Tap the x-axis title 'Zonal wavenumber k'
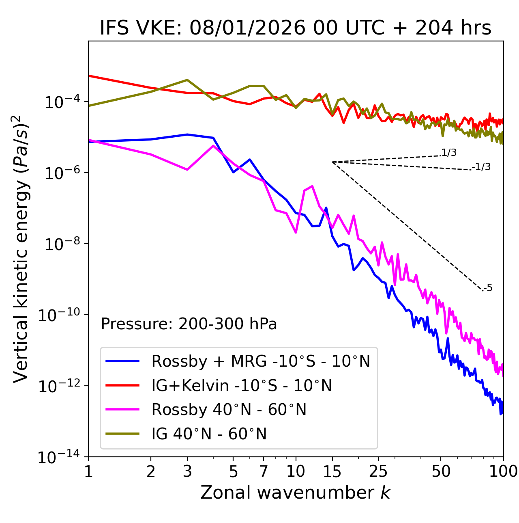pos(296,492)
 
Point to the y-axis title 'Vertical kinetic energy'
pos(21,249)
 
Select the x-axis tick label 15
pos(332,471)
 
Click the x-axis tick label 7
pos(264,471)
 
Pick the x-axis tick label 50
pos(441,471)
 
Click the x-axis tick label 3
pos(187,471)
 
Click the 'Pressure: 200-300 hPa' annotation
pos(189,324)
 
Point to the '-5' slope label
pos(488,288)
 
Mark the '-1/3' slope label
pos(482,167)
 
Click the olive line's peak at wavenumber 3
pos(187,80)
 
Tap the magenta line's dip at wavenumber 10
pos(296,232)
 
